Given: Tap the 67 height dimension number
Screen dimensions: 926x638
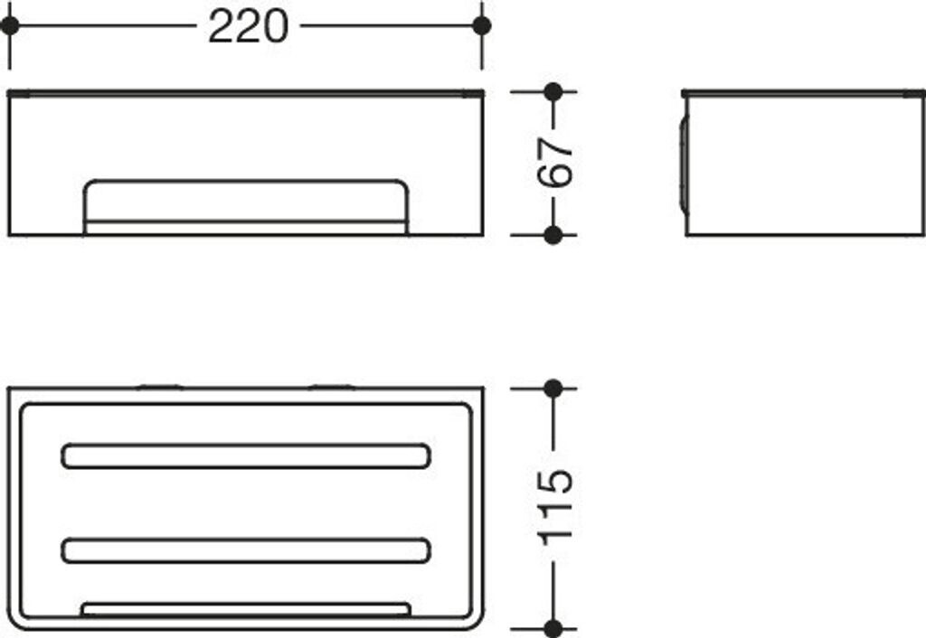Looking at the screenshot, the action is (x=555, y=163).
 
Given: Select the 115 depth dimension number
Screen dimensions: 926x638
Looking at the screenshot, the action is (x=555, y=507).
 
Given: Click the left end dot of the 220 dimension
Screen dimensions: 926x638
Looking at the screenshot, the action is (x=10, y=25).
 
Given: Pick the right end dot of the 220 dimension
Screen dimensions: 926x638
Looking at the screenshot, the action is (x=482, y=25).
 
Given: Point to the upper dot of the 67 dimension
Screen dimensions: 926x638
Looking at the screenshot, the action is (x=553, y=91).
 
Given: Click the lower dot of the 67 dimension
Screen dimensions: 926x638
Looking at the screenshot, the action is (x=553, y=235).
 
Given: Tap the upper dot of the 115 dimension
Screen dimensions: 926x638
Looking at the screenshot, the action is (x=553, y=389).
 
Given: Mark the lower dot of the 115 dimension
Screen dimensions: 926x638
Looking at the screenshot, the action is (x=553, y=627).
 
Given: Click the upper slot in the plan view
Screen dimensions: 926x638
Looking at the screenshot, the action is (x=246, y=456).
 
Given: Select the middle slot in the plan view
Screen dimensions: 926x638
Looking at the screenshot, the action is (x=246, y=550).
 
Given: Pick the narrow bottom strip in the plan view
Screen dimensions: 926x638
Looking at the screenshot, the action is (x=246, y=609).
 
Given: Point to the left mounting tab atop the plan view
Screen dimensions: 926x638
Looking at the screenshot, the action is (x=160, y=387).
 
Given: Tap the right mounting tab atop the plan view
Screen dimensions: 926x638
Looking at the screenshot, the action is (x=331, y=387).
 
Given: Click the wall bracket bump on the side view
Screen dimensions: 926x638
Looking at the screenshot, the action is (x=683, y=163).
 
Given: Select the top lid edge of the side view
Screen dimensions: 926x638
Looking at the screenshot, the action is (x=803, y=92).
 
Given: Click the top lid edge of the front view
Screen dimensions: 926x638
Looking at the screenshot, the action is (x=246, y=92).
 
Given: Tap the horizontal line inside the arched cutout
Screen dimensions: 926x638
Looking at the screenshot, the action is (x=246, y=220).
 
